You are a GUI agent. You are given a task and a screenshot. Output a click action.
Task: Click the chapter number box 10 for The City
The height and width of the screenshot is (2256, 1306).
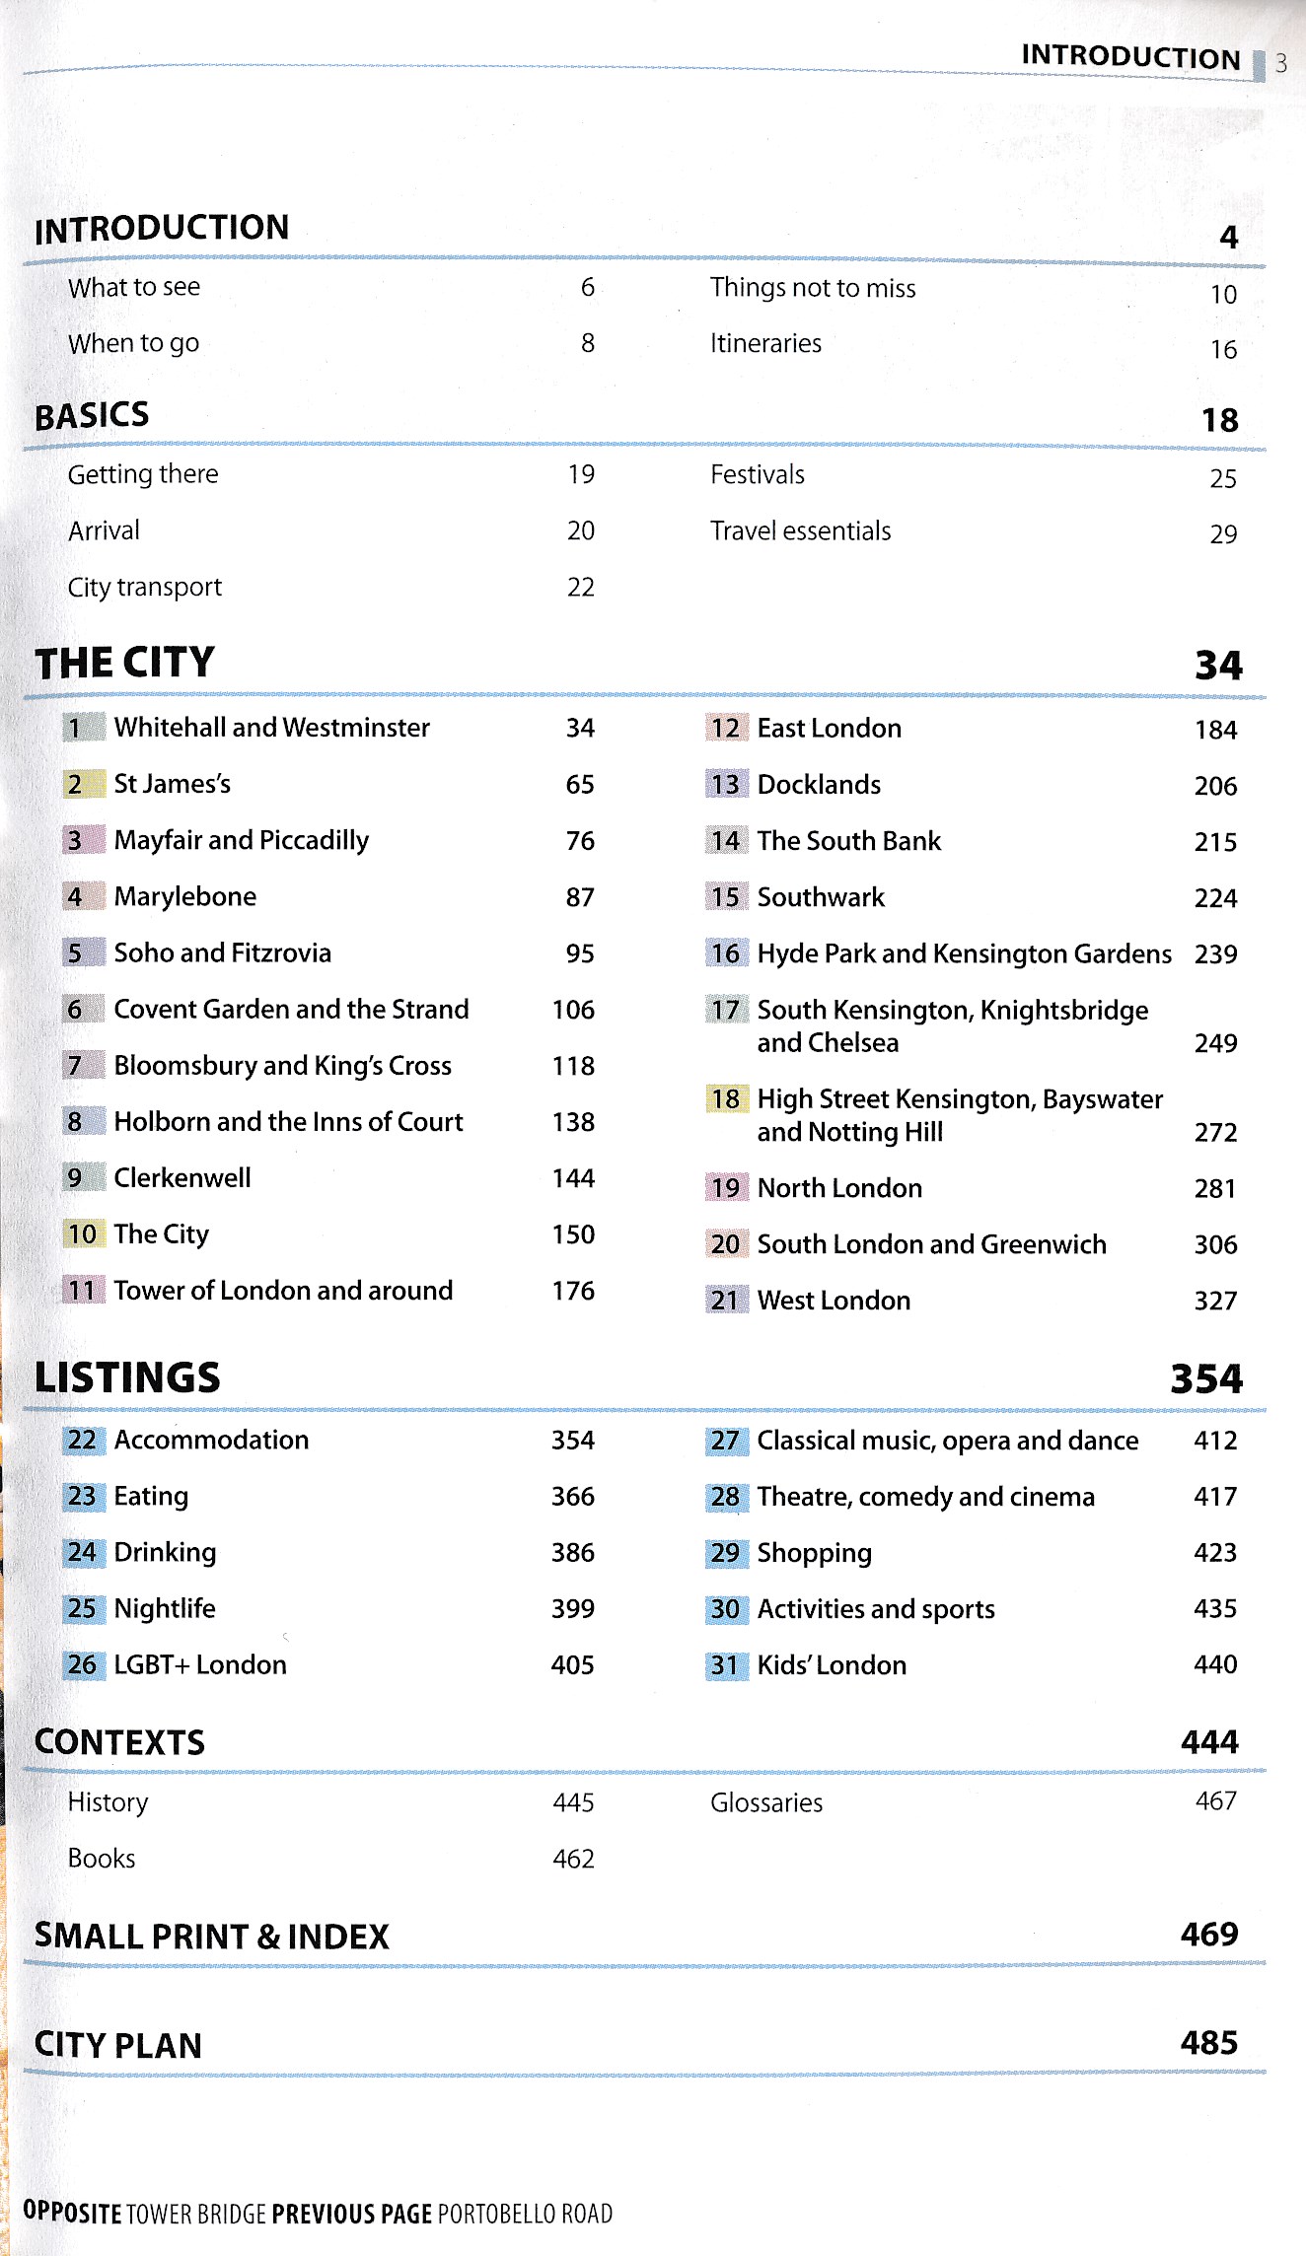pyautogui.click(x=83, y=1234)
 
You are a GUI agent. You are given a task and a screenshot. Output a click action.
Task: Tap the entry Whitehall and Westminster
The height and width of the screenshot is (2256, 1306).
pyautogui.click(x=271, y=728)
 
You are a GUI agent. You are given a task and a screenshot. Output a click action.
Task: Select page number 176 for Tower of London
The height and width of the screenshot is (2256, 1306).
pyautogui.click(x=573, y=1291)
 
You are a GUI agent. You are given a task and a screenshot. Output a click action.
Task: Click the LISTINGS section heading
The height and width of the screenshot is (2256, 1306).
pyautogui.click(x=127, y=1377)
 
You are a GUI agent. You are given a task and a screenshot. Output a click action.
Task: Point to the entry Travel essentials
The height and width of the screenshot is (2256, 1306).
pyautogui.click(x=800, y=531)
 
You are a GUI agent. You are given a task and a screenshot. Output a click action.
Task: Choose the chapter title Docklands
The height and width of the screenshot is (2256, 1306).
pyautogui.click(x=819, y=785)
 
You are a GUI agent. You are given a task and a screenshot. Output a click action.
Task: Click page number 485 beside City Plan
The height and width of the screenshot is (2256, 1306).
pyautogui.click(x=1208, y=2042)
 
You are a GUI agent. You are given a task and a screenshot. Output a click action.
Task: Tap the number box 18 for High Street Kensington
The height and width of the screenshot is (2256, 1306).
pyautogui.click(x=726, y=1099)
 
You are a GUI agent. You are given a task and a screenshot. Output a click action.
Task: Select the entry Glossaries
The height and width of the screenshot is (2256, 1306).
pyautogui.click(x=766, y=1803)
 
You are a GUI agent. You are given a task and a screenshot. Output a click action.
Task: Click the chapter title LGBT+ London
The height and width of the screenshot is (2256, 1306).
pyautogui.click(x=200, y=1665)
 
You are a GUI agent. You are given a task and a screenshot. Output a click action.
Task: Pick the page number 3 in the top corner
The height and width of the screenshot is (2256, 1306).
pyautogui.click(x=1280, y=64)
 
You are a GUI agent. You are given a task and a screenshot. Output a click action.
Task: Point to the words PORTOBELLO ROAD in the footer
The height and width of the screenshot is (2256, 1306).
pyautogui.click(x=525, y=2214)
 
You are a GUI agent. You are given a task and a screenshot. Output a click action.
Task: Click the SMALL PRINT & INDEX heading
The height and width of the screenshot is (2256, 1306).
pyautogui.click(x=212, y=1937)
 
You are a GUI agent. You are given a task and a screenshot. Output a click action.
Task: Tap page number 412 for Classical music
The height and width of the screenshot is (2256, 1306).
pyautogui.click(x=1215, y=1441)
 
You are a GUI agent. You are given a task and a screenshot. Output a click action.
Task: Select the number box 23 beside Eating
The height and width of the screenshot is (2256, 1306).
pyautogui.click(x=83, y=1497)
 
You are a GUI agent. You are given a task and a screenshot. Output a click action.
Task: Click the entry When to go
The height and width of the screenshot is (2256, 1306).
pyautogui.click(x=133, y=343)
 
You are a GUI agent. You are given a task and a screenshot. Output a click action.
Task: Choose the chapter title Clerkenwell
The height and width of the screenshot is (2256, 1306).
pyautogui.click(x=182, y=1178)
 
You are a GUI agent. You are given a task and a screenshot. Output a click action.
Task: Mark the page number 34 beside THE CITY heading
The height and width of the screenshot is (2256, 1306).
pyautogui.click(x=1218, y=666)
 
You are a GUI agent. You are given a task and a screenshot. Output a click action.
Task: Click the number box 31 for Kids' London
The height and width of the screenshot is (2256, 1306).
pyautogui.click(x=726, y=1665)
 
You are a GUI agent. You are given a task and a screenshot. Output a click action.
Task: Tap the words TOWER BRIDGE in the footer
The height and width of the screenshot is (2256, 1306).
pyautogui.click(x=196, y=2214)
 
